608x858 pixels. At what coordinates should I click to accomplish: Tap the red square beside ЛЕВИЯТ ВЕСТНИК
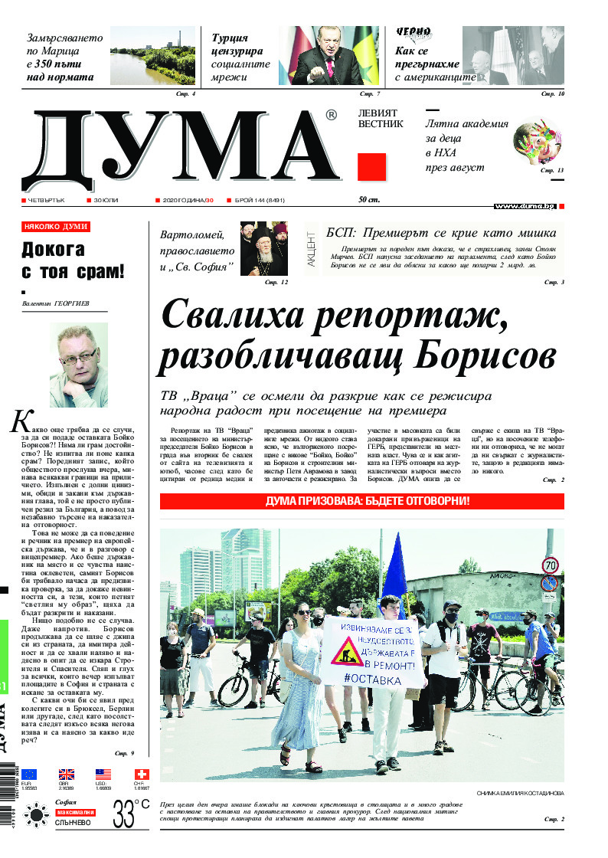click(x=371, y=167)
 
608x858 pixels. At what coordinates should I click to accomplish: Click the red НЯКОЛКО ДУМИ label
click(x=56, y=227)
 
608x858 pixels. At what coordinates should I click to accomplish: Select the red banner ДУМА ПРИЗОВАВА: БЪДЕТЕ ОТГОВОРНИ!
click(x=361, y=502)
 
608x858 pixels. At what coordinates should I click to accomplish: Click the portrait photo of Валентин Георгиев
click(x=79, y=365)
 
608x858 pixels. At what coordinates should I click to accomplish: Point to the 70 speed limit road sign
click(x=550, y=565)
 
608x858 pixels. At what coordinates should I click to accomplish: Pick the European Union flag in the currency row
click(x=28, y=774)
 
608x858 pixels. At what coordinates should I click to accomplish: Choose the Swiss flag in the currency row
click(x=140, y=774)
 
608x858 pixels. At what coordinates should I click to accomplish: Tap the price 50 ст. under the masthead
click(x=369, y=201)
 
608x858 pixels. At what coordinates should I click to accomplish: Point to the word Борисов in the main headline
click(x=469, y=355)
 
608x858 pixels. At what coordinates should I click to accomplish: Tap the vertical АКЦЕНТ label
click(x=311, y=251)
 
